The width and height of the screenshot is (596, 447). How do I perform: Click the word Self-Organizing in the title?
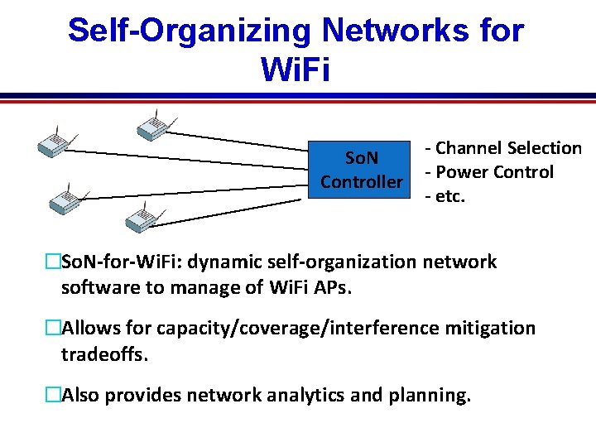click(x=188, y=31)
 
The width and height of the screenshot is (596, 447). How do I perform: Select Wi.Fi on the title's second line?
click(x=296, y=70)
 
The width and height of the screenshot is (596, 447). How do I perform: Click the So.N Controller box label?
click(x=362, y=169)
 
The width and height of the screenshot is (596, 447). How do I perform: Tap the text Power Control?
click(x=494, y=172)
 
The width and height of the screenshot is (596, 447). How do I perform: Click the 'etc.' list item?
click(x=448, y=196)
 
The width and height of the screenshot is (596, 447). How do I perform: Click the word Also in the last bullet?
click(x=82, y=395)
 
